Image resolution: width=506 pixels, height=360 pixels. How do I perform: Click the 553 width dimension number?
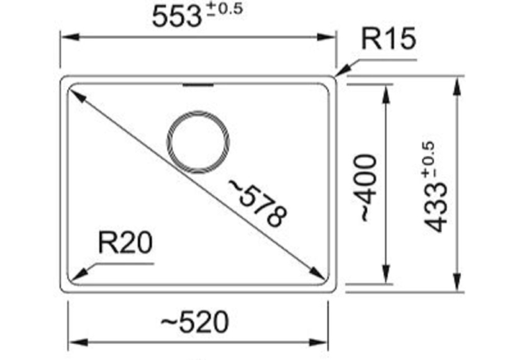tap(176, 16)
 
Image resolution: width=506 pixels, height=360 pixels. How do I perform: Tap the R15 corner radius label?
tap(388, 39)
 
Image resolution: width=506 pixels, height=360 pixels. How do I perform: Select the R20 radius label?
tap(125, 242)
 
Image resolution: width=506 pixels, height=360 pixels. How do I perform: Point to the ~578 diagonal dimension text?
tap(258, 203)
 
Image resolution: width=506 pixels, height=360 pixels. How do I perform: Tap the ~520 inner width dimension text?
tap(195, 321)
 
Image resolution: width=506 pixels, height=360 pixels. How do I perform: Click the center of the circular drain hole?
tap(198, 142)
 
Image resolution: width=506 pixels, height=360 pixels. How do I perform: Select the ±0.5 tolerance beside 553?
tap(225, 9)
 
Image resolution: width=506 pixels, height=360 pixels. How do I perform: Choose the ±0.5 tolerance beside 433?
tap(429, 159)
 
